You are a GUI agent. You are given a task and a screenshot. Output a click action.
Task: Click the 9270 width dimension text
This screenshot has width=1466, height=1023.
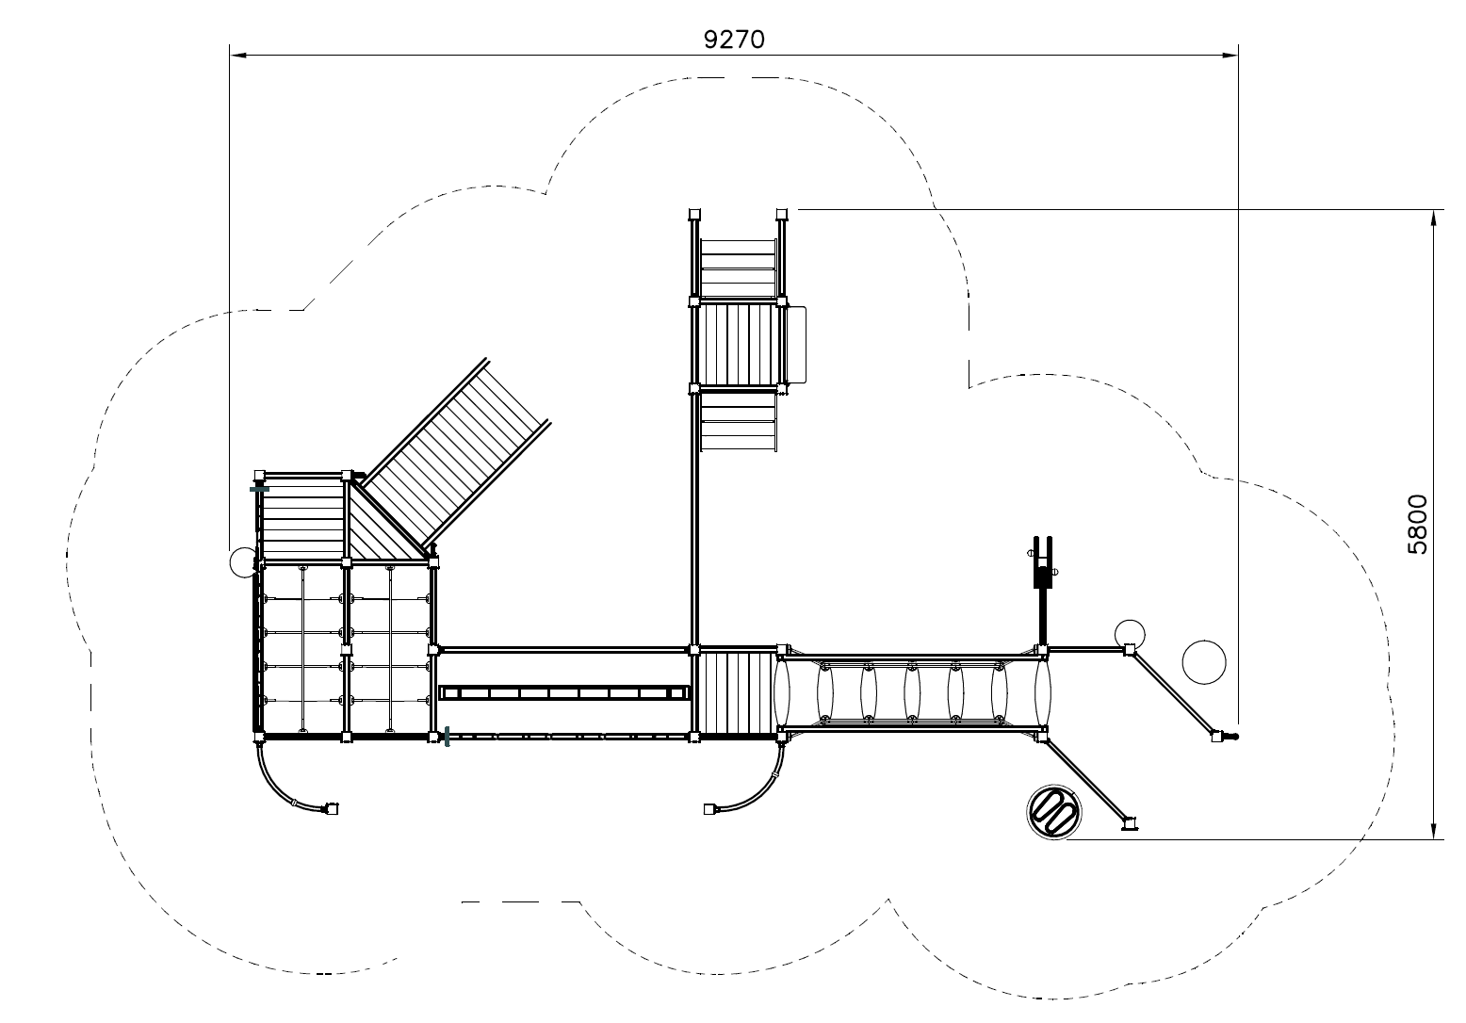(x=734, y=40)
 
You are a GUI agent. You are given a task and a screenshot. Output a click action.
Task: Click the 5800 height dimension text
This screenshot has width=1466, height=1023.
(x=1418, y=525)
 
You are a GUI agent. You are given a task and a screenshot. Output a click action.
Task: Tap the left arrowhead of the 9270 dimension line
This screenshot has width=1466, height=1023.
(x=237, y=56)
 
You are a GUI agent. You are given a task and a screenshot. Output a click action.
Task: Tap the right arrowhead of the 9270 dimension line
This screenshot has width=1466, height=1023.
(x=1230, y=56)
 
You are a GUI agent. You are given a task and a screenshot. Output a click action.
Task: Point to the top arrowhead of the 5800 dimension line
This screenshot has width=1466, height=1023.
(x=1434, y=218)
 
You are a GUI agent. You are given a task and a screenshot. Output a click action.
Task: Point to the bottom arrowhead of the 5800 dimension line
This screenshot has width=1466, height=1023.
(x=1434, y=831)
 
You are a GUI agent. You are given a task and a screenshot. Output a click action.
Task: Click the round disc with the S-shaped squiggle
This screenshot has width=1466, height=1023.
(x=1053, y=812)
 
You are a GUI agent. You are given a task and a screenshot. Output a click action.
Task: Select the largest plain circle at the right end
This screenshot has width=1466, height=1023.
(x=1204, y=662)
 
